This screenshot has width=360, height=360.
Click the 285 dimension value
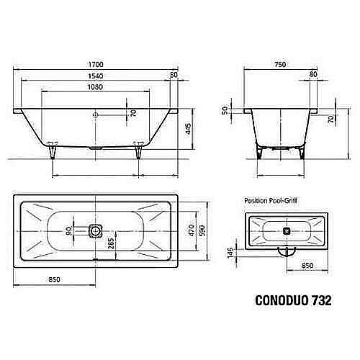[110, 243]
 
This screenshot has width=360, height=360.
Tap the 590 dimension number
[204, 230]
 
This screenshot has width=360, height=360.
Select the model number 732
[320, 300]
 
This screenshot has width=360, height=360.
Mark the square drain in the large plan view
[95, 231]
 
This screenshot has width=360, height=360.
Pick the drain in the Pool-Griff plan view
[287, 231]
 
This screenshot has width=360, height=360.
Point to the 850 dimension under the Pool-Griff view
[307, 265]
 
